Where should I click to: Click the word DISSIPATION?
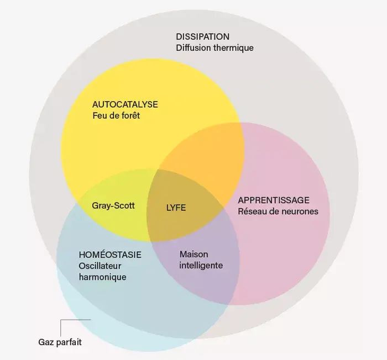[x=202, y=36]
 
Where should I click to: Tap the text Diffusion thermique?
[x=215, y=47]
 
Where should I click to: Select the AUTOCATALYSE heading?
[x=125, y=104]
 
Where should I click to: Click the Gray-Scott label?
[x=113, y=205]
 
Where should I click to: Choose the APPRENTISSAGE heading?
[x=273, y=200]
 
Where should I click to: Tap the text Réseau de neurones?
[x=278, y=211]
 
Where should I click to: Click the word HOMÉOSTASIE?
[x=110, y=255]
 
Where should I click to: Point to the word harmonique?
[x=102, y=277]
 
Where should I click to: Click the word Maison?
[x=193, y=254]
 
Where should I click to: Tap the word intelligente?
[x=201, y=265]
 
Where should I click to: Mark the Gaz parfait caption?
[x=60, y=342]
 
